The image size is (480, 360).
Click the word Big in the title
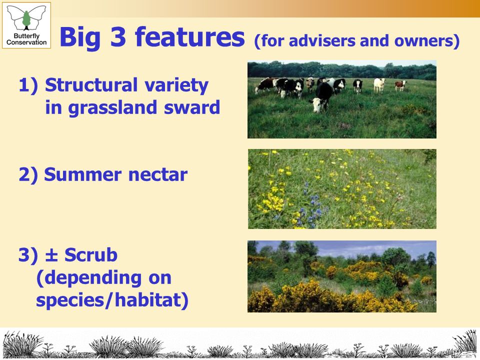(80, 37)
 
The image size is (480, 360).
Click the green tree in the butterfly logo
(26, 18)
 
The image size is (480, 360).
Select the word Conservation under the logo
(26, 42)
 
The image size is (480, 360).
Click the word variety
(176, 85)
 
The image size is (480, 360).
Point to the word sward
(192, 107)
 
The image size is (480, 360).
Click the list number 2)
(28, 175)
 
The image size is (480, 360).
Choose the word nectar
(157, 175)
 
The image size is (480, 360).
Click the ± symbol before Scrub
(51, 255)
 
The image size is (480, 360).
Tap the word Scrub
(91, 254)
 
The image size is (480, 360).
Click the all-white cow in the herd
(379, 85)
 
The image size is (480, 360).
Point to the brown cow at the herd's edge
(400, 85)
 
